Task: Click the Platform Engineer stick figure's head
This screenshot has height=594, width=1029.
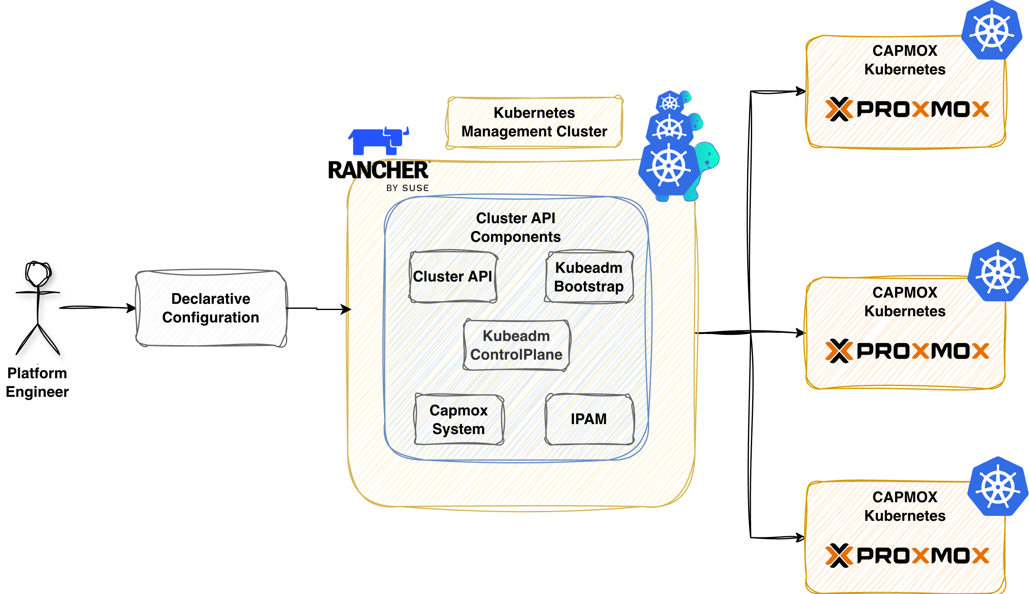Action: [38, 273]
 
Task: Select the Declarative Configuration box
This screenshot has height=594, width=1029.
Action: [211, 308]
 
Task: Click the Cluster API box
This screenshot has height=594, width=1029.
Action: [453, 276]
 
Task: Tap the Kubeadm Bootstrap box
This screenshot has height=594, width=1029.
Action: [588, 277]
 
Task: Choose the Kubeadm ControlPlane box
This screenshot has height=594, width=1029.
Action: [516, 345]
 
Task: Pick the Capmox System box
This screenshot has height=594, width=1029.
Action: [459, 419]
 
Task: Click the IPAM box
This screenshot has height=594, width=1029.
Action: [589, 419]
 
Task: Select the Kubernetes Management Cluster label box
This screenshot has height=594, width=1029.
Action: [534, 122]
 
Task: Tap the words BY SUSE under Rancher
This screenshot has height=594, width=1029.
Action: [407, 188]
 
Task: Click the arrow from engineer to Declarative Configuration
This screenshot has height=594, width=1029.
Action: [97, 308]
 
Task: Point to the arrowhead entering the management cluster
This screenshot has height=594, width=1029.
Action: [346, 309]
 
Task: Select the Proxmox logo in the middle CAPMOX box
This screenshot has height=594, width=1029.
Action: [907, 351]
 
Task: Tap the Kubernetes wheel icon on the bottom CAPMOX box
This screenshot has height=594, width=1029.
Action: [998, 487]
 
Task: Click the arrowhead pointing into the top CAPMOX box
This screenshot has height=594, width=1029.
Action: [801, 91]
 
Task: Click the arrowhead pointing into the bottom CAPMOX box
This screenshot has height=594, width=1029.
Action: [800, 537]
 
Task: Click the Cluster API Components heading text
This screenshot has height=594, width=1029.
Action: [515, 227]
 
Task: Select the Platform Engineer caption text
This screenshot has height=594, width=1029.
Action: [37, 382]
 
